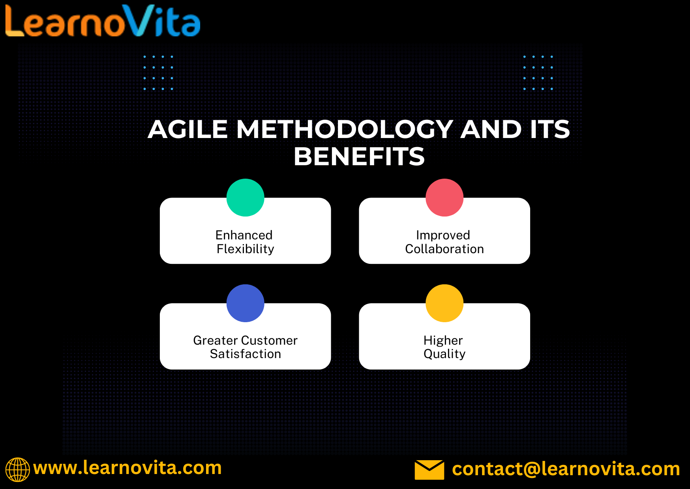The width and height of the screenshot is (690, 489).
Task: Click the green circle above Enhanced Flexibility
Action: (245, 198)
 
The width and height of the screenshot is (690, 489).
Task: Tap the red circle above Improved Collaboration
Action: (444, 198)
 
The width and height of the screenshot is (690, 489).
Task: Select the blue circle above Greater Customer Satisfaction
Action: (245, 303)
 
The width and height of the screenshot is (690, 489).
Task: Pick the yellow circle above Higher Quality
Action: (444, 303)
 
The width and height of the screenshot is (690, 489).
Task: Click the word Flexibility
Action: (246, 249)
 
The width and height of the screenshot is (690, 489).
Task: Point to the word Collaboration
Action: (444, 249)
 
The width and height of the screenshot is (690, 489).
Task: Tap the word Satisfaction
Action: (246, 354)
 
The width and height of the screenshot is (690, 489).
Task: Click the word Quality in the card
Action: (444, 354)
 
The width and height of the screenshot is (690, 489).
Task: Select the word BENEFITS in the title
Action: (359, 157)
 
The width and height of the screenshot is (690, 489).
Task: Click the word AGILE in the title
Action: (188, 129)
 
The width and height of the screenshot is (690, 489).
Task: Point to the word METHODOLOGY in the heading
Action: (345, 129)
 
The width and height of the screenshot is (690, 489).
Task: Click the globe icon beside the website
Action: (17, 470)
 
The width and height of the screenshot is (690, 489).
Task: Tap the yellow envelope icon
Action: (429, 470)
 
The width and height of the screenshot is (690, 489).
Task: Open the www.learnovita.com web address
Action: (127, 468)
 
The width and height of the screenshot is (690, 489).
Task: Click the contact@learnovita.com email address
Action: (566, 469)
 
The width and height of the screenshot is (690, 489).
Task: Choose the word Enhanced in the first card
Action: (244, 235)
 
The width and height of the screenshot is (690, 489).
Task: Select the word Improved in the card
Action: (443, 235)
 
